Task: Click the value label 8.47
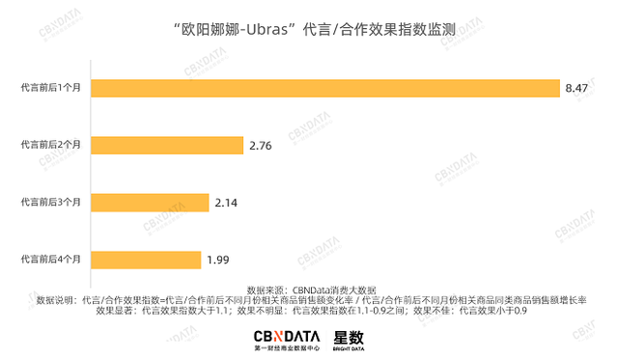tap(577, 89)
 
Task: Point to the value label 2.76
tap(262, 146)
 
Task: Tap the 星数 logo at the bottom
tap(349, 340)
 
